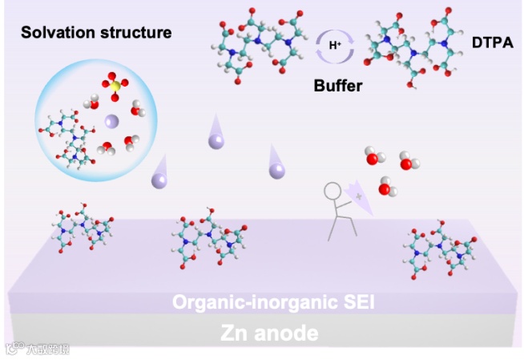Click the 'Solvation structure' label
point(96,33)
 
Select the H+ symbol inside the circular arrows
point(335,46)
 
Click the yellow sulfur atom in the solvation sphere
point(115,85)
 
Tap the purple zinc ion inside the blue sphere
point(111,121)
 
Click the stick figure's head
point(333,191)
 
